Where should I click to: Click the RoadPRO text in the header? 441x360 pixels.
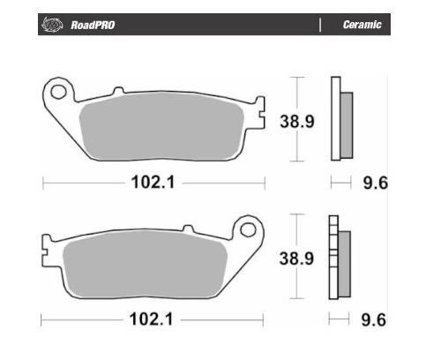(93, 25)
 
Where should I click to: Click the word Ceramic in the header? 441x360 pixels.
(362, 25)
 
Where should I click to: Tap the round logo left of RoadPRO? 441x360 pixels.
(53, 25)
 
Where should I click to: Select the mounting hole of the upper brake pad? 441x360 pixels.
(58, 92)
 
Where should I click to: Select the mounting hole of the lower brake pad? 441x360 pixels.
(248, 229)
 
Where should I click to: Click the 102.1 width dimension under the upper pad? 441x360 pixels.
(153, 182)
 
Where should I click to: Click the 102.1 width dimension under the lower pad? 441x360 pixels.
(151, 319)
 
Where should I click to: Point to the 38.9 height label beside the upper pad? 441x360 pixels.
(297, 121)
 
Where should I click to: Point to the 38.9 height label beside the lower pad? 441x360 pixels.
(296, 259)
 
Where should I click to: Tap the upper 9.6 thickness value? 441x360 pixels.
(376, 183)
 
